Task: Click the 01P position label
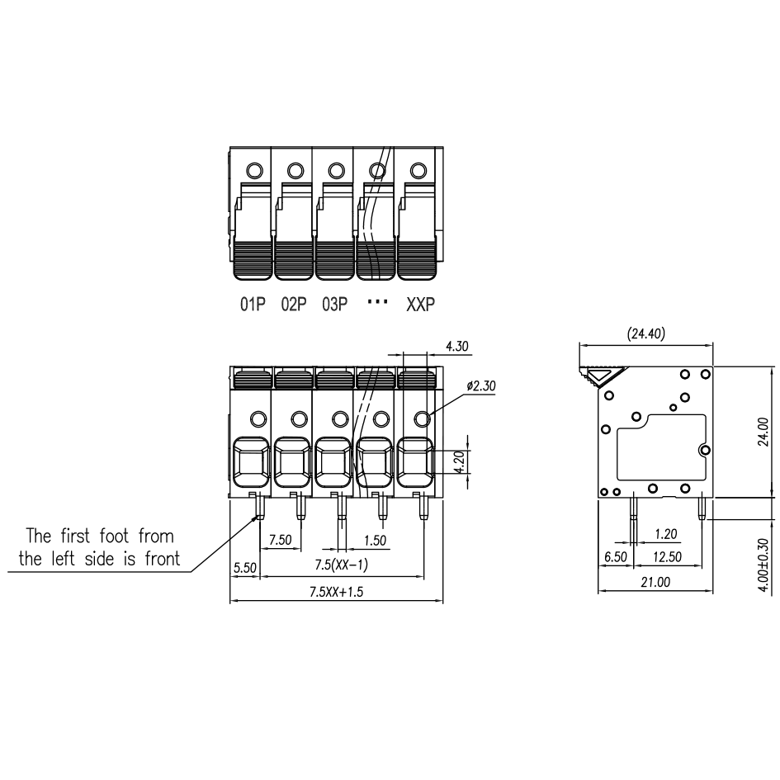point(253,304)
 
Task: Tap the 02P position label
point(294,304)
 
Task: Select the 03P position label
point(335,304)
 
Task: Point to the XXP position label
point(420,304)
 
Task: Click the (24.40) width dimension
point(645,333)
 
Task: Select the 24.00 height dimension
point(763,432)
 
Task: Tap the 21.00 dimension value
point(655,582)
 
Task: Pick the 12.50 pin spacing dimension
point(667,556)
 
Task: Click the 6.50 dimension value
point(616,556)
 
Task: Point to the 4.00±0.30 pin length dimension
point(763,565)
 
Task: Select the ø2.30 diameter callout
point(481,386)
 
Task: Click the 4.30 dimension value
point(456,346)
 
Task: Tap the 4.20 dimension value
point(460,461)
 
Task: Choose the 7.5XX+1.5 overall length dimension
point(336,592)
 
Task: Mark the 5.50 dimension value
point(245,568)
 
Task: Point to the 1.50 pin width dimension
point(375,541)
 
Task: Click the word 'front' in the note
point(162,559)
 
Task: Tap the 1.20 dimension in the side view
point(665,534)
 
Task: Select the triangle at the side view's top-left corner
point(602,374)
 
